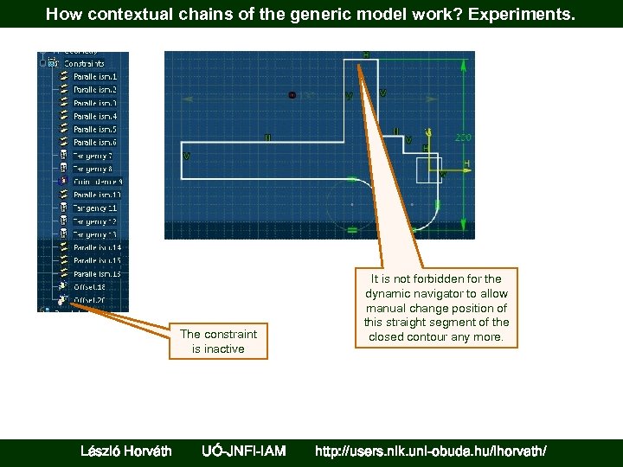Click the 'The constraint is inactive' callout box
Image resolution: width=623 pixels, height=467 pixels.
[218, 342]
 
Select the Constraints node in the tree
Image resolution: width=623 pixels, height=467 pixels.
[83, 63]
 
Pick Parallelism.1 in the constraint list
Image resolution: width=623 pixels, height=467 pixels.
[94, 76]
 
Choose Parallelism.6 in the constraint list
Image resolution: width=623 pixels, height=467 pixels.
[94, 142]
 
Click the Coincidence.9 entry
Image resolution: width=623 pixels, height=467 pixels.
[97, 182]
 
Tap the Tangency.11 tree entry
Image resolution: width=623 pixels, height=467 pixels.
[94, 208]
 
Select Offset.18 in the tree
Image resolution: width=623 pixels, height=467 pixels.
[89, 286]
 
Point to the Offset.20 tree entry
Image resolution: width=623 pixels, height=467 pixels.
[89, 300]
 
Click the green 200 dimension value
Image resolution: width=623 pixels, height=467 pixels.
[463, 138]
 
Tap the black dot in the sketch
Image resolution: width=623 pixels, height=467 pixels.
[292, 94]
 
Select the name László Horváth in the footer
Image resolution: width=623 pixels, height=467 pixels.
[125, 451]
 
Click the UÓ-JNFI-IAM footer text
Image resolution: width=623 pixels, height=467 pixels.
[243, 451]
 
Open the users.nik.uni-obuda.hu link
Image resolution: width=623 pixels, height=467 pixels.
[430, 451]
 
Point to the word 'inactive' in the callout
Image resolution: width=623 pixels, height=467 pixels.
[226, 349]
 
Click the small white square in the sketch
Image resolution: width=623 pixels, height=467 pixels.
[430, 170]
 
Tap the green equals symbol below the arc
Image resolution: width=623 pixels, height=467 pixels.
[352, 230]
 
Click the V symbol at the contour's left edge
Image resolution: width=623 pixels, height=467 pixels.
[186, 157]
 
